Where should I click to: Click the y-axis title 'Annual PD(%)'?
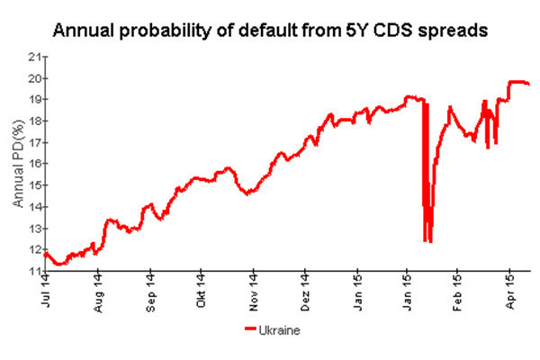(17, 165)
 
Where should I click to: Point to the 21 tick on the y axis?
(35, 56)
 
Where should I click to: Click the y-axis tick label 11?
(35, 271)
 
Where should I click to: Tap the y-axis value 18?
(35, 121)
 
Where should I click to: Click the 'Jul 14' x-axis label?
(45, 292)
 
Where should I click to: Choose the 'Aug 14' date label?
(97, 292)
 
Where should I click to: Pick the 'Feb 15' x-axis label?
(458, 292)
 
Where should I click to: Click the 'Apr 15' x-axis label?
(510, 292)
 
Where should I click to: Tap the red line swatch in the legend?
(251, 330)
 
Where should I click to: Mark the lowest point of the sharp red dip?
(430, 241)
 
